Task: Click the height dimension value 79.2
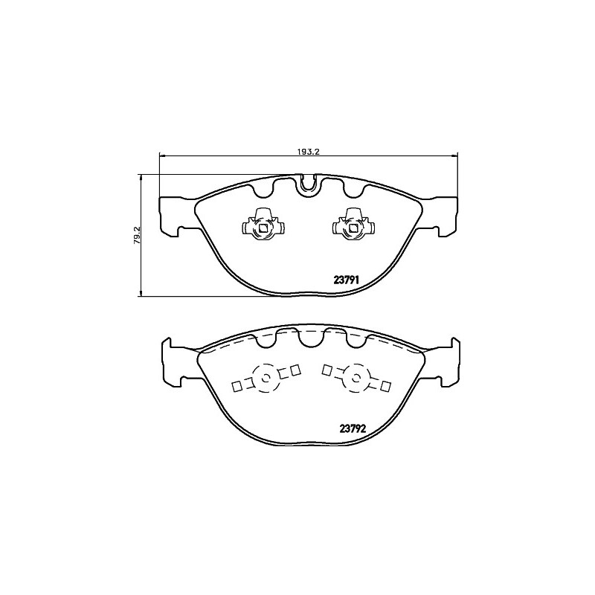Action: (137, 234)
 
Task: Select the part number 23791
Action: (346, 280)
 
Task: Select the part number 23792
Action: (353, 429)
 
